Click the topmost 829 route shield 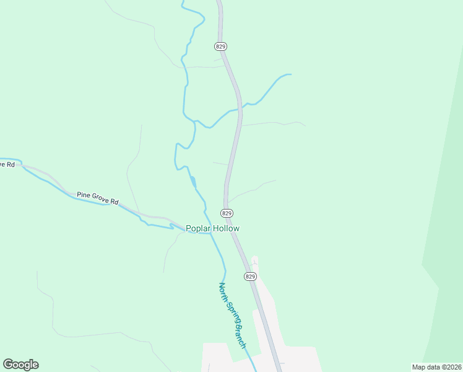(221, 46)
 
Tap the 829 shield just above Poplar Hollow (227, 213)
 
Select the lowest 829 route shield (250, 276)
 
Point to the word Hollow (227, 228)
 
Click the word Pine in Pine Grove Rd (83, 195)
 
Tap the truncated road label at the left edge (7, 164)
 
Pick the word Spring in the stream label (233, 314)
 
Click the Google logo (20, 365)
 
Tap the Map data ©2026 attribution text (436, 367)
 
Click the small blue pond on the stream (194, 182)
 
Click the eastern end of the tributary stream (290, 74)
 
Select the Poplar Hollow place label (213, 228)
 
